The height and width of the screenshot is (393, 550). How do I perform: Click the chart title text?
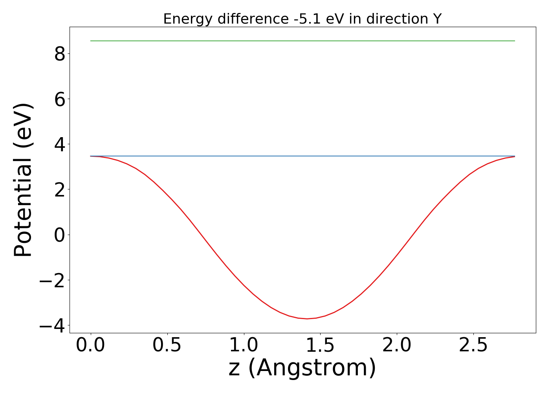click(302, 19)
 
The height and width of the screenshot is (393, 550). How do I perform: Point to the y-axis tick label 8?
click(60, 54)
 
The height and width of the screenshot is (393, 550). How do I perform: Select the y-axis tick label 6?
click(60, 99)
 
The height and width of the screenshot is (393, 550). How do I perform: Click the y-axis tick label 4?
click(60, 144)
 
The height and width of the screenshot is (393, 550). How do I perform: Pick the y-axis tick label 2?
click(60, 189)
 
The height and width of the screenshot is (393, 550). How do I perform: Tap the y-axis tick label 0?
click(60, 235)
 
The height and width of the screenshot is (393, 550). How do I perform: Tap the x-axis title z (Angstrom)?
click(302, 368)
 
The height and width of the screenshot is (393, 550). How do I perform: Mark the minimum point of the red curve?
click(307, 319)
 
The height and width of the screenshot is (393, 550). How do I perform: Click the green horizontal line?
click(302, 41)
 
